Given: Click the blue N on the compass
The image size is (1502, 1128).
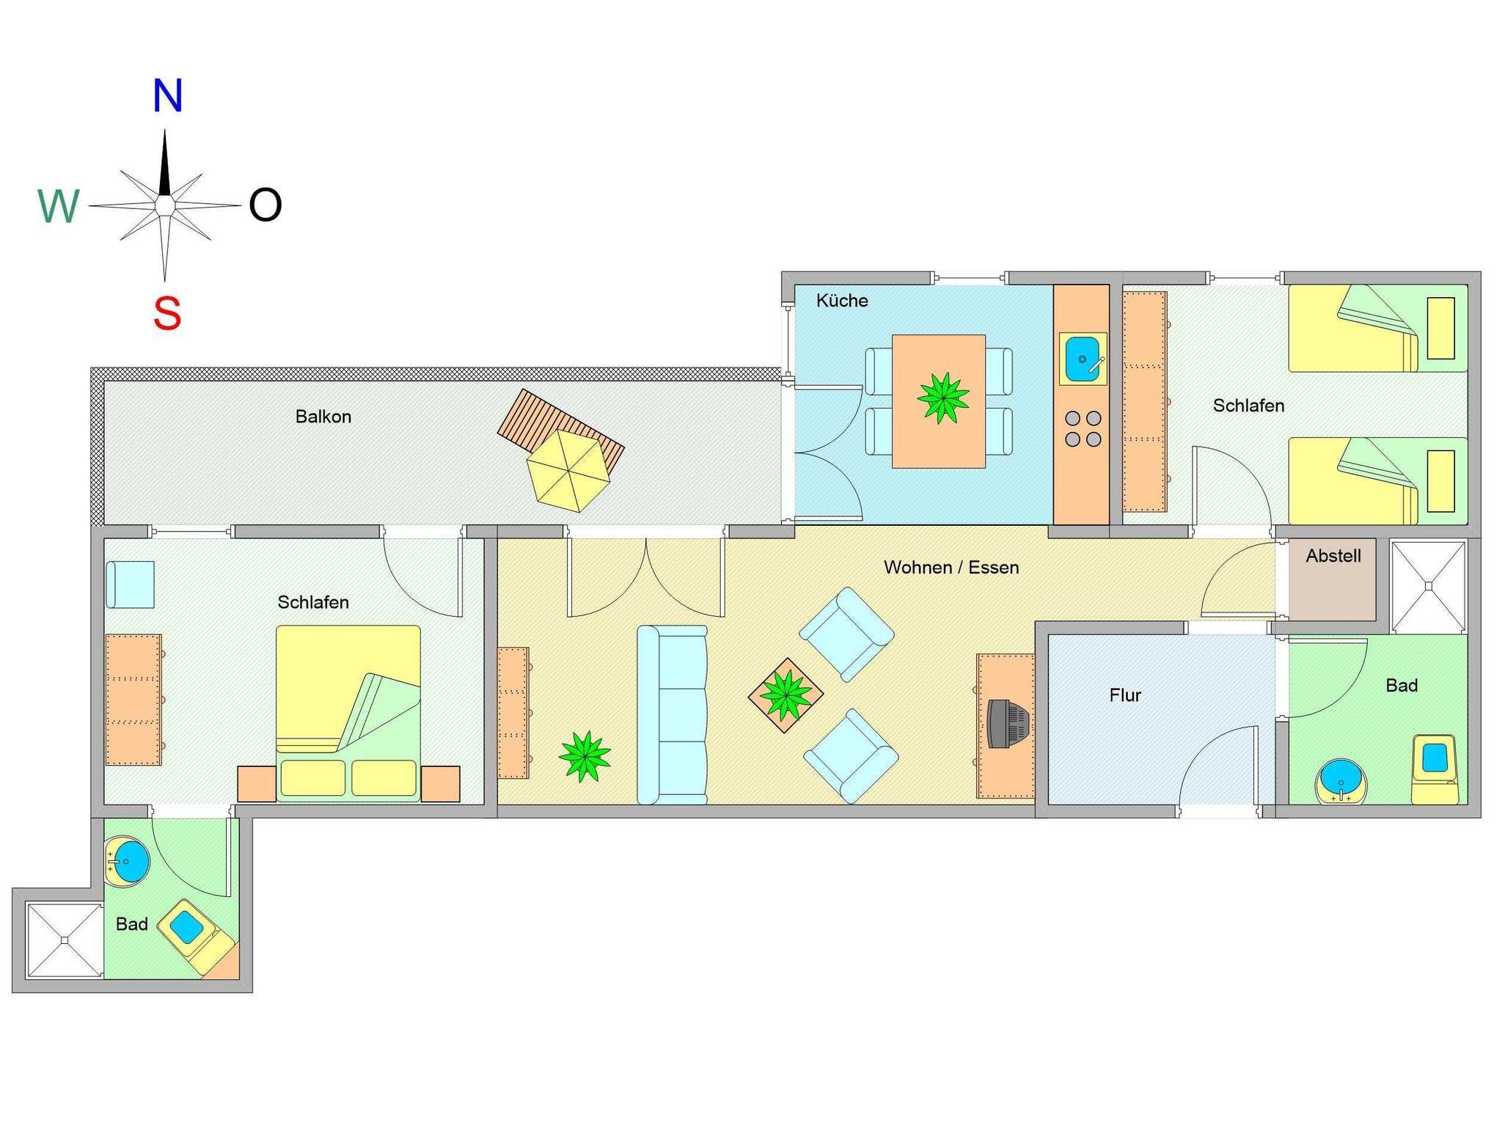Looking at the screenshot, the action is tap(167, 95).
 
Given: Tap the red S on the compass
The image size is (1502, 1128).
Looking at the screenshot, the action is tap(167, 313).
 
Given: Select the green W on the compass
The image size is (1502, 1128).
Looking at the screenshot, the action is tap(59, 206).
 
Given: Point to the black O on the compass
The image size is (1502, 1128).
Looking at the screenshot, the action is tap(265, 205).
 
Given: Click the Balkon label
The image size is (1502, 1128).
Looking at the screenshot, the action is tap(323, 417).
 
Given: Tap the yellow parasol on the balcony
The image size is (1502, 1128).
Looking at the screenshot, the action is tap(568, 470).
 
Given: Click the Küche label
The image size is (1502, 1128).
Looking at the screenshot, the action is tap(842, 300).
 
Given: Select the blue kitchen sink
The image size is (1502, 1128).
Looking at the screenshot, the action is tap(1082, 359).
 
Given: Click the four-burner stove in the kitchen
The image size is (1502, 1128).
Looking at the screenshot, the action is tap(1083, 429).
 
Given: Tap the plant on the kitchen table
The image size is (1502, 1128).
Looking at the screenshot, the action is tap(943, 398).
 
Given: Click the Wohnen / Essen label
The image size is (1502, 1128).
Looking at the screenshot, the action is tap(951, 567).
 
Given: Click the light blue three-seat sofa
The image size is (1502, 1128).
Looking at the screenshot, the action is tap(673, 715).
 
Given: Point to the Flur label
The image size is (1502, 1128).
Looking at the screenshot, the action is tap(1125, 695).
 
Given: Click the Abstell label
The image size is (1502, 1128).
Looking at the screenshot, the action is tap(1333, 556).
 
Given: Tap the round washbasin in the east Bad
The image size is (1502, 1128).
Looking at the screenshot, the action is tap(1341, 782).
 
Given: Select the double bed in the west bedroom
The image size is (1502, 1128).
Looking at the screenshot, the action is tap(348, 714).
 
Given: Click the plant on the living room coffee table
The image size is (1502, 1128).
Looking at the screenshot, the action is tap(786, 695).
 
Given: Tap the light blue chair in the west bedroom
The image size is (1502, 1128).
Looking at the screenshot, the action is tap(130, 585).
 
